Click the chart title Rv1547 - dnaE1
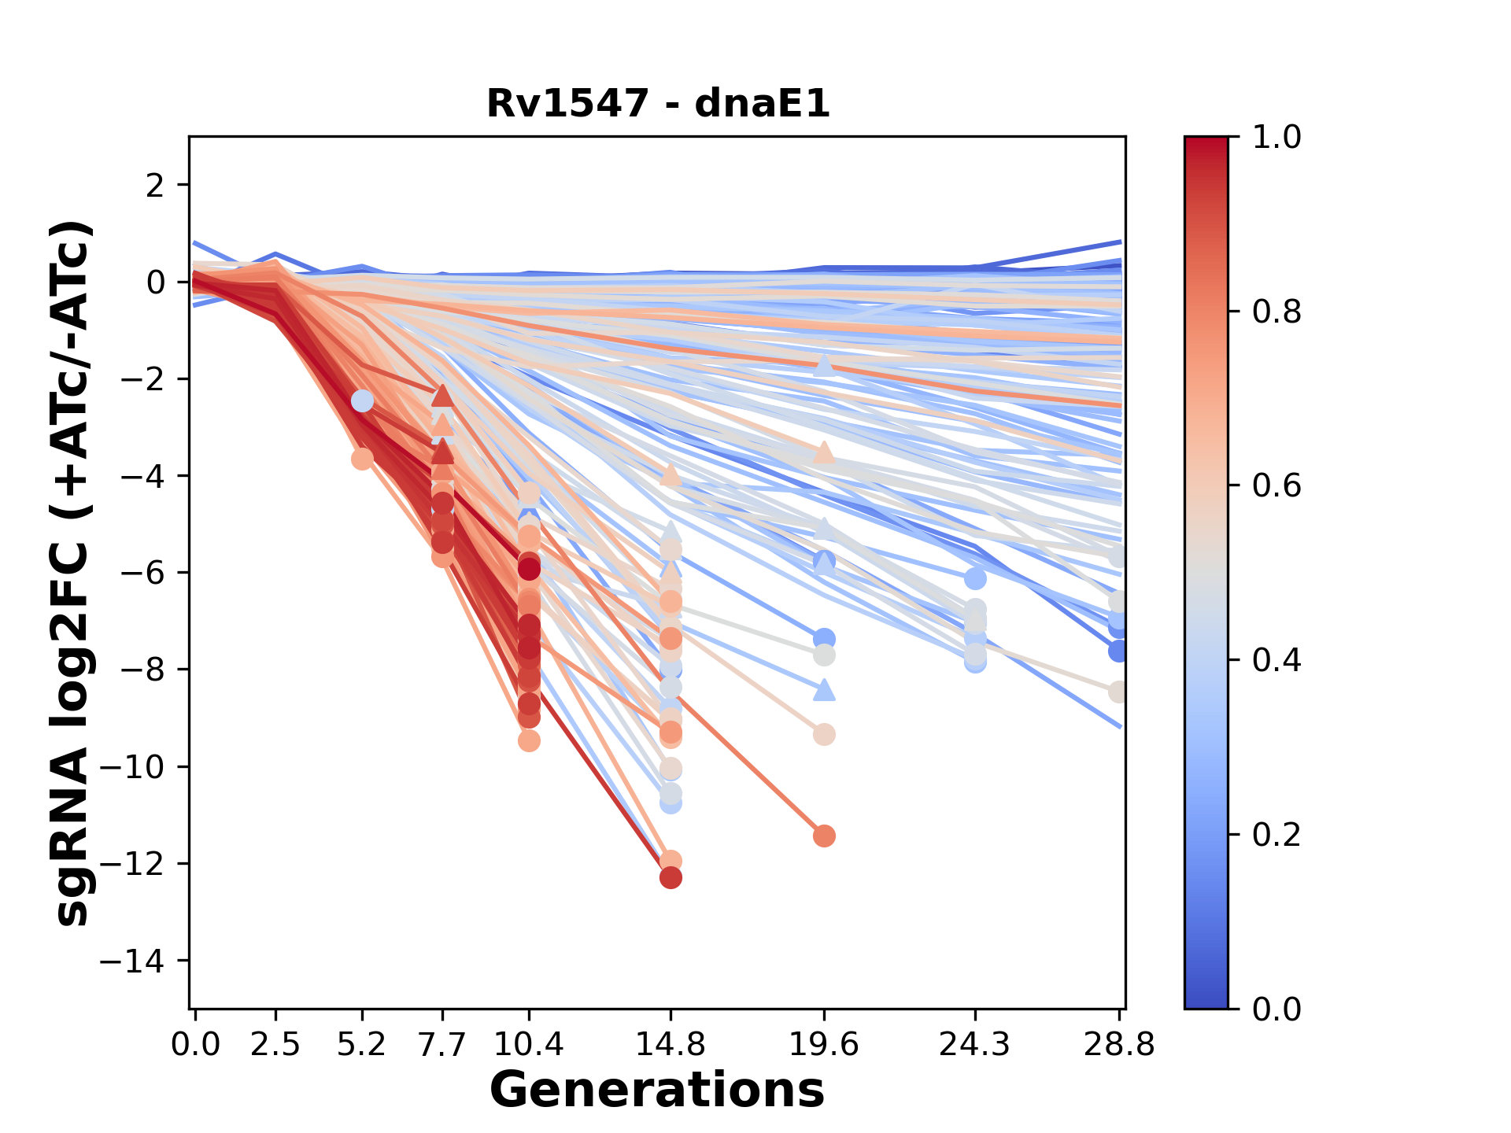(658, 104)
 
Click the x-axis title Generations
(657, 1091)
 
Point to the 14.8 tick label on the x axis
(671, 1044)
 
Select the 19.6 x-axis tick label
(824, 1044)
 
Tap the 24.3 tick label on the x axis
(975, 1044)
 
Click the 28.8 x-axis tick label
(1119, 1044)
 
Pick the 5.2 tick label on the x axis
(362, 1044)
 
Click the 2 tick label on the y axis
(156, 185)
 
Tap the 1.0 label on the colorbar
(1276, 137)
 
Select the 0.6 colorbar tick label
(1276, 485)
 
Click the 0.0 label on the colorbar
(1276, 1009)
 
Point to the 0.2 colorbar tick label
(1276, 834)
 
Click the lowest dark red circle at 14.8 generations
(671, 877)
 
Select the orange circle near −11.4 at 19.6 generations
(824, 836)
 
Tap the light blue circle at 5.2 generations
(362, 401)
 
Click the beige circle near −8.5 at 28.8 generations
(1118, 692)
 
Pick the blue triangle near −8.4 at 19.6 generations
(824, 690)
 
